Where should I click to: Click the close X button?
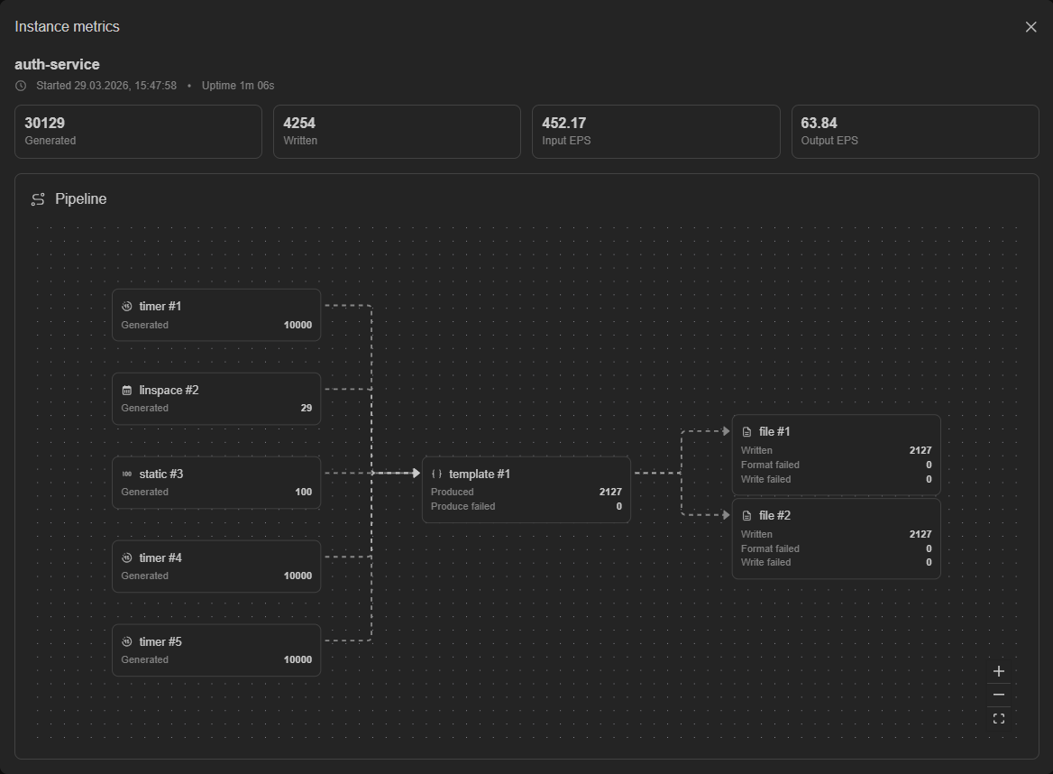point(1030,27)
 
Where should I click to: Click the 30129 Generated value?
point(45,123)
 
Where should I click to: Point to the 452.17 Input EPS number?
point(564,123)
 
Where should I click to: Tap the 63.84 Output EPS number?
point(819,123)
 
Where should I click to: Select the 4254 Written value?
point(299,123)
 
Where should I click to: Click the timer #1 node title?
point(160,307)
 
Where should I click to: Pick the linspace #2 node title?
point(169,391)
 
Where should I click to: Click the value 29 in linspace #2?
point(307,408)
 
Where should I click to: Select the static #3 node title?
point(161,475)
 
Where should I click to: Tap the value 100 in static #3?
point(304,492)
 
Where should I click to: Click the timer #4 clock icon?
point(127,557)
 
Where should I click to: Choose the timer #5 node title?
point(160,641)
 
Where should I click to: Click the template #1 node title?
point(480,475)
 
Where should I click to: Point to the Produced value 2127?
point(610,492)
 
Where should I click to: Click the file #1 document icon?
point(746,432)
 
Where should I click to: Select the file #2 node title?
point(775,515)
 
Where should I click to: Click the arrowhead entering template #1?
point(417,473)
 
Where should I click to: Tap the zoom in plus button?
point(999,671)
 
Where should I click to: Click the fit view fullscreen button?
point(999,718)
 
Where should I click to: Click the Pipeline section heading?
point(80,198)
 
